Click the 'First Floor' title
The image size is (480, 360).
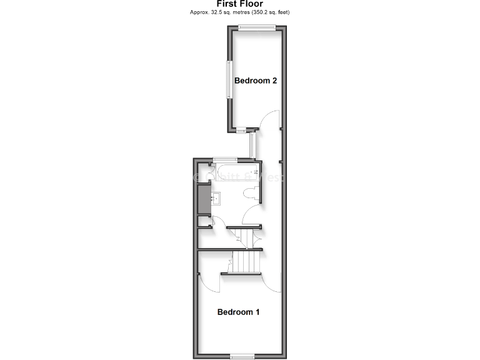241,4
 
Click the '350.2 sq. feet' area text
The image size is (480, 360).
268,12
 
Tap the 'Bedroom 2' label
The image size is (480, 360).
255,81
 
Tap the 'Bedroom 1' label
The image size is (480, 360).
238,312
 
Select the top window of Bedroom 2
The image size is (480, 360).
257,26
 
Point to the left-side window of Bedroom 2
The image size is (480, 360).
229,79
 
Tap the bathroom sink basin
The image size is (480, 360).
216,199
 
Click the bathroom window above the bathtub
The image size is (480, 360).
224,159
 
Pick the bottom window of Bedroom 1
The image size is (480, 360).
242,356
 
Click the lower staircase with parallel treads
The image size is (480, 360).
246,262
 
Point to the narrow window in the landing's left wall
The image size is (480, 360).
251,144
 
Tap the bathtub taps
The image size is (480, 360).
256,171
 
